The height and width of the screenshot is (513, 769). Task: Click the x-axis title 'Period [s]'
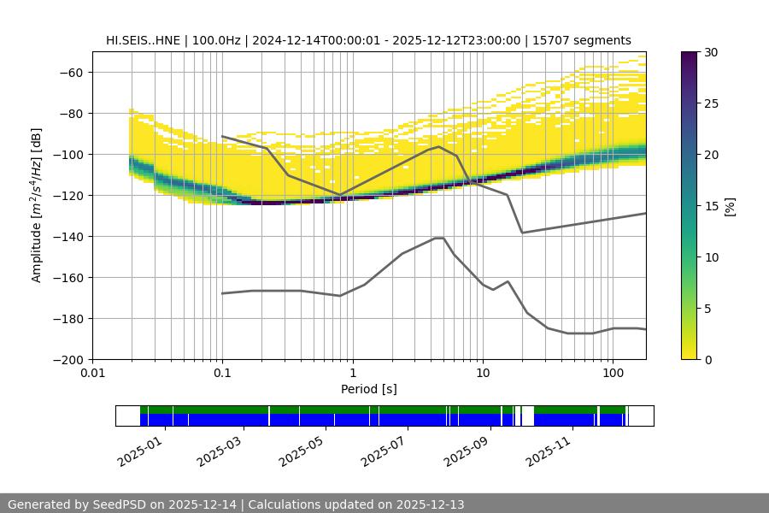click(369, 389)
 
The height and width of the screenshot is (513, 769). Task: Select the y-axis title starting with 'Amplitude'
click(37, 205)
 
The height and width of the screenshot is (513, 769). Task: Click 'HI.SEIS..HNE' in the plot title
click(143, 40)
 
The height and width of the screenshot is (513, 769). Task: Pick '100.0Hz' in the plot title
click(215, 40)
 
